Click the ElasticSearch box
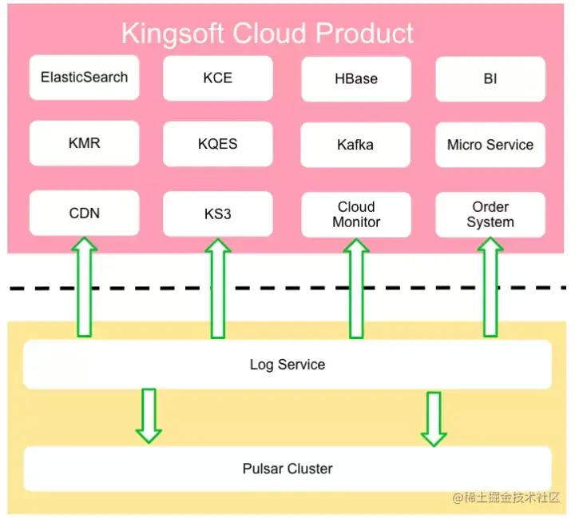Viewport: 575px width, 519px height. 85,78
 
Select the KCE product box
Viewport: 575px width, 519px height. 218,78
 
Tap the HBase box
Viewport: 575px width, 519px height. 356,79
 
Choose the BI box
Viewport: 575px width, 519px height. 490,79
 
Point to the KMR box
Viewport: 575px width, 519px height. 85,144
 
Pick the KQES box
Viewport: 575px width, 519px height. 218,145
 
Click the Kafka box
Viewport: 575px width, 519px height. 356,146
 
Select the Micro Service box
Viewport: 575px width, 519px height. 490,145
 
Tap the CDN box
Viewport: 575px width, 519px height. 85,214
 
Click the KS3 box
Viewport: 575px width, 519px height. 218,214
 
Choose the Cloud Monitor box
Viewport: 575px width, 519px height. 356,215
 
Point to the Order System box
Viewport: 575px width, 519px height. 490,214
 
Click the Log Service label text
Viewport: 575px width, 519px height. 287,365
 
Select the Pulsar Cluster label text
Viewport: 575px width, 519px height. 287,469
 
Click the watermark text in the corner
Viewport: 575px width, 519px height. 510,498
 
